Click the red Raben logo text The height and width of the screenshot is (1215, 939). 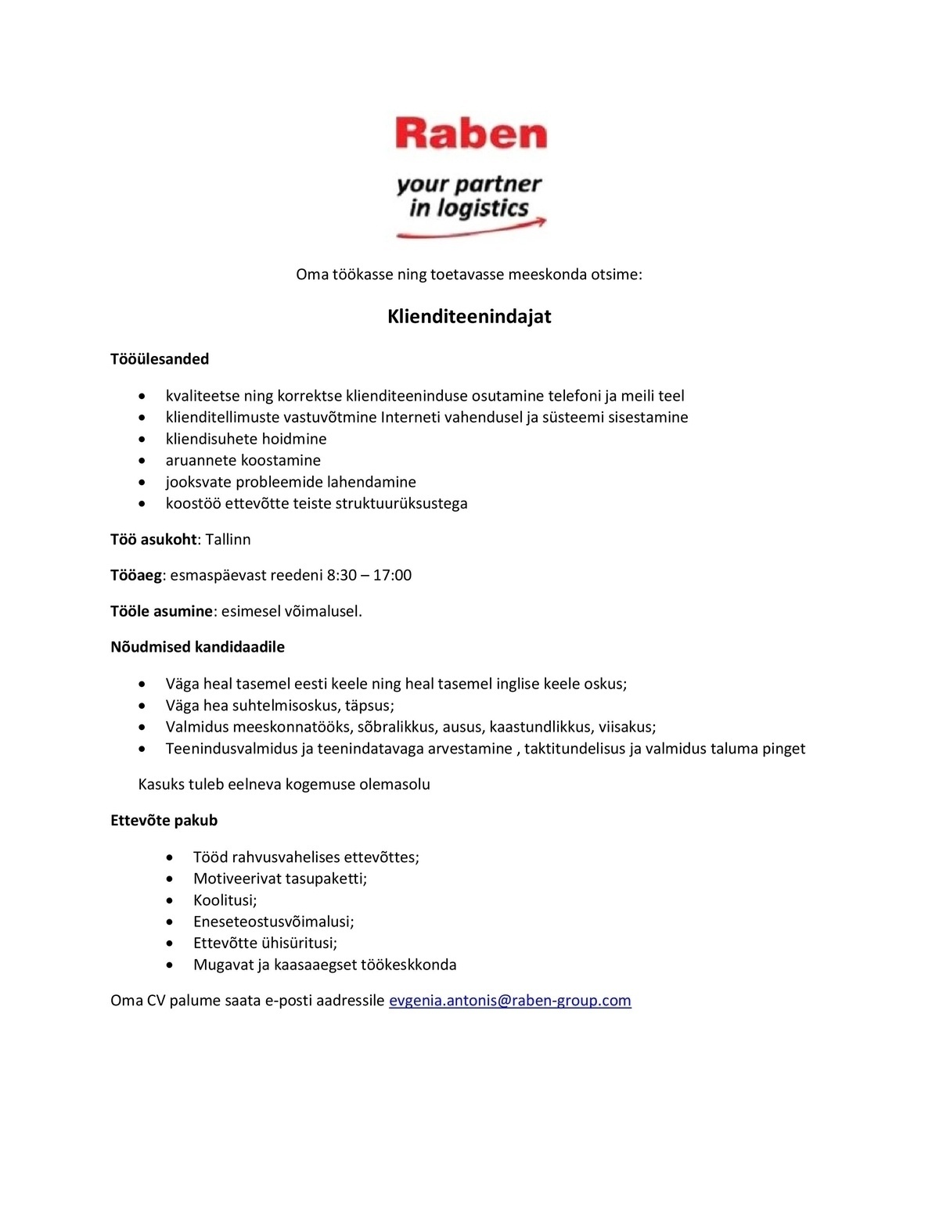pos(471,134)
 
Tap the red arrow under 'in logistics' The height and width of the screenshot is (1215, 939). pos(469,230)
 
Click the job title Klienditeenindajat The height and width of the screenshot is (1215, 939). pos(469,317)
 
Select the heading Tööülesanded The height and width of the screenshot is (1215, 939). pos(160,359)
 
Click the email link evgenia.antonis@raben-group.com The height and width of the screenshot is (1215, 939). pos(509,1001)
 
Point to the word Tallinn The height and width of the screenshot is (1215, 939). pos(228,540)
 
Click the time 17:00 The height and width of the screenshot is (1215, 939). pos(392,576)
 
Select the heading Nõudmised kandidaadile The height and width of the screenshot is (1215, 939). pos(197,647)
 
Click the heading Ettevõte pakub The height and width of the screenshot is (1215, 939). pos(164,821)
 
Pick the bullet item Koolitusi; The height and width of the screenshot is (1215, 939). pos(225,900)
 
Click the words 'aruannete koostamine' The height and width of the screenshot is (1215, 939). pos(243,461)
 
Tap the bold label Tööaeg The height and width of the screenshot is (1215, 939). pos(136,576)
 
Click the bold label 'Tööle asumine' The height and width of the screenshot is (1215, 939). pos(161,611)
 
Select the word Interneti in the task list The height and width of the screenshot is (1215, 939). pos(410,418)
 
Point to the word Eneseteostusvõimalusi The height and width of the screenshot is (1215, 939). pos(272,922)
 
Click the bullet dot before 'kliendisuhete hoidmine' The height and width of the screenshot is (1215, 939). pos(142,440)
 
